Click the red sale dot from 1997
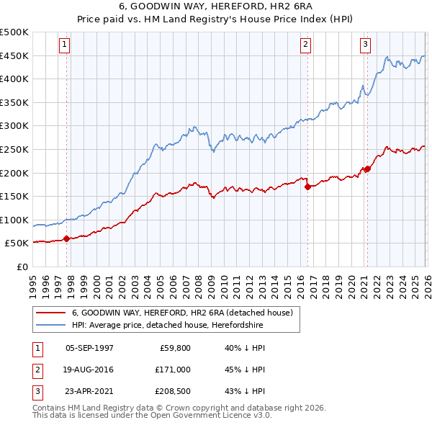pyautogui.click(x=66, y=238)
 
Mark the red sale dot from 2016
pyautogui.click(x=307, y=187)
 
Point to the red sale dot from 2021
pyautogui.click(x=366, y=169)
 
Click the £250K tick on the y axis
pyautogui.click(x=14, y=149)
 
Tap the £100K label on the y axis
pyautogui.click(x=14, y=220)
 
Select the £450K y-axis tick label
pyautogui.click(x=14, y=55)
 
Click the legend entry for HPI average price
pyautogui.click(x=168, y=326)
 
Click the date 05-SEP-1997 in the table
pyautogui.click(x=89, y=348)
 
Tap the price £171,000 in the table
pyautogui.click(x=174, y=370)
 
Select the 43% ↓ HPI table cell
pyautogui.click(x=246, y=391)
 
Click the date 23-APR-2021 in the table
pyautogui.click(x=89, y=391)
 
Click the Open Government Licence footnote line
pyautogui.click(x=152, y=416)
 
